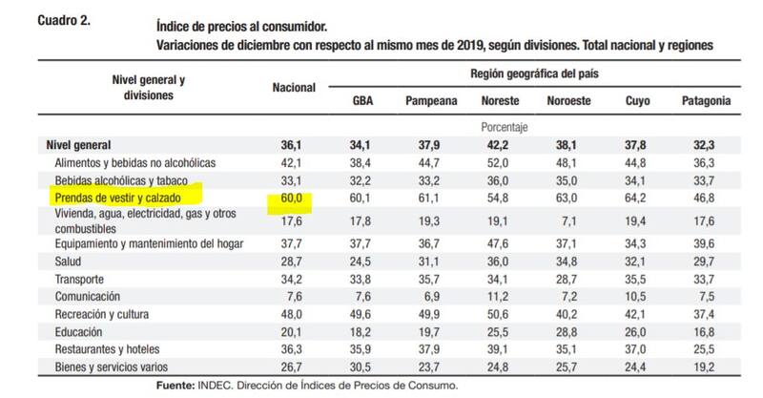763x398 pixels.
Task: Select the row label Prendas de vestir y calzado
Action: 124,197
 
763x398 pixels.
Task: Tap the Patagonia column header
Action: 707,100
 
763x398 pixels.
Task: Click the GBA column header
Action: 363,100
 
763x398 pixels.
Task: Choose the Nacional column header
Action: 294,87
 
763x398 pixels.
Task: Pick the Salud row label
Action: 70,262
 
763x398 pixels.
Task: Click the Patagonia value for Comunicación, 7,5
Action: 707,296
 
